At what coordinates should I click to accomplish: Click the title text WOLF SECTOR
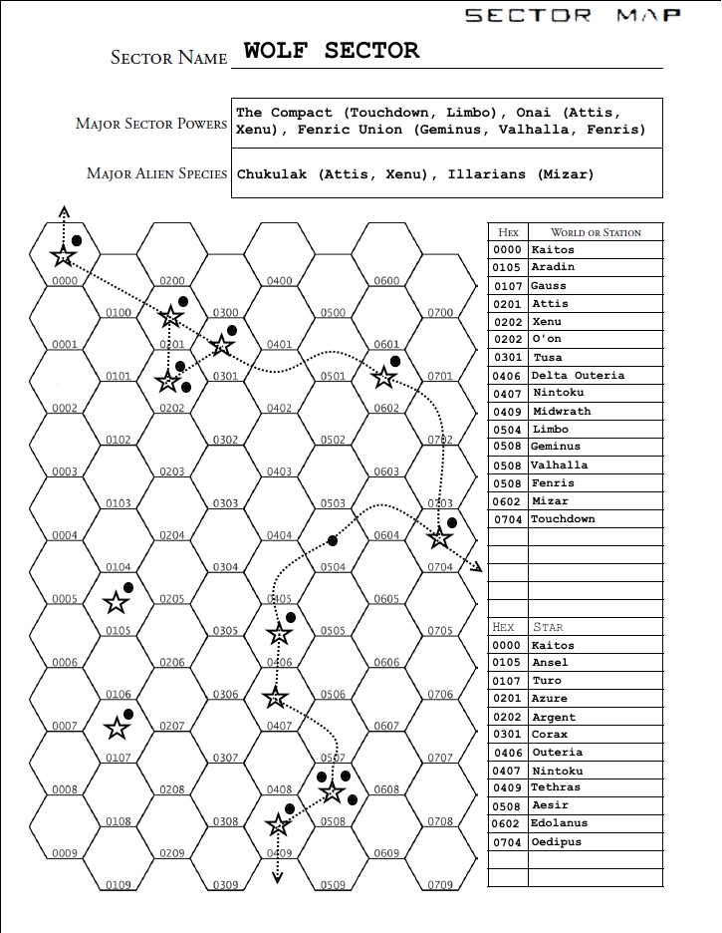(x=332, y=51)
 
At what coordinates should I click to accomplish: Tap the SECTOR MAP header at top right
(x=573, y=15)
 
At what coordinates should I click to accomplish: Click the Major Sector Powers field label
(x=151, y=124)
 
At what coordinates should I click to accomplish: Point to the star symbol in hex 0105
(x=117, y=602)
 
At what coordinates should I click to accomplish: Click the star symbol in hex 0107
(x=117, y=728)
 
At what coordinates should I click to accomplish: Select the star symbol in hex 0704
(x=439, y=538)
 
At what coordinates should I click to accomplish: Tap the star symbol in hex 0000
(x=64, y=256)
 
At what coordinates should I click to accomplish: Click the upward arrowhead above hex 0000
(x=64, y=211)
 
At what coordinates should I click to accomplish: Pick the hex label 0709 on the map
(x=440, y=885)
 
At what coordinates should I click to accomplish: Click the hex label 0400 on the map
(x=279, y=281)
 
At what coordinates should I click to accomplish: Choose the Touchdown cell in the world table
(x=563, y=519)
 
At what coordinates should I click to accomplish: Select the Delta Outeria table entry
(x=578, y=376)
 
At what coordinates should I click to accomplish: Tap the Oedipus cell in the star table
(x=557, y=842)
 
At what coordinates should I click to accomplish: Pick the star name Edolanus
(x=560, y=823)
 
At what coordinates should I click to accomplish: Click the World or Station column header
(x=596, y=232)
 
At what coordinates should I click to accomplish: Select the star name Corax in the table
(x=551, y=735)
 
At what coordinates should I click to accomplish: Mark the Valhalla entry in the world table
(x=559, y=466)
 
